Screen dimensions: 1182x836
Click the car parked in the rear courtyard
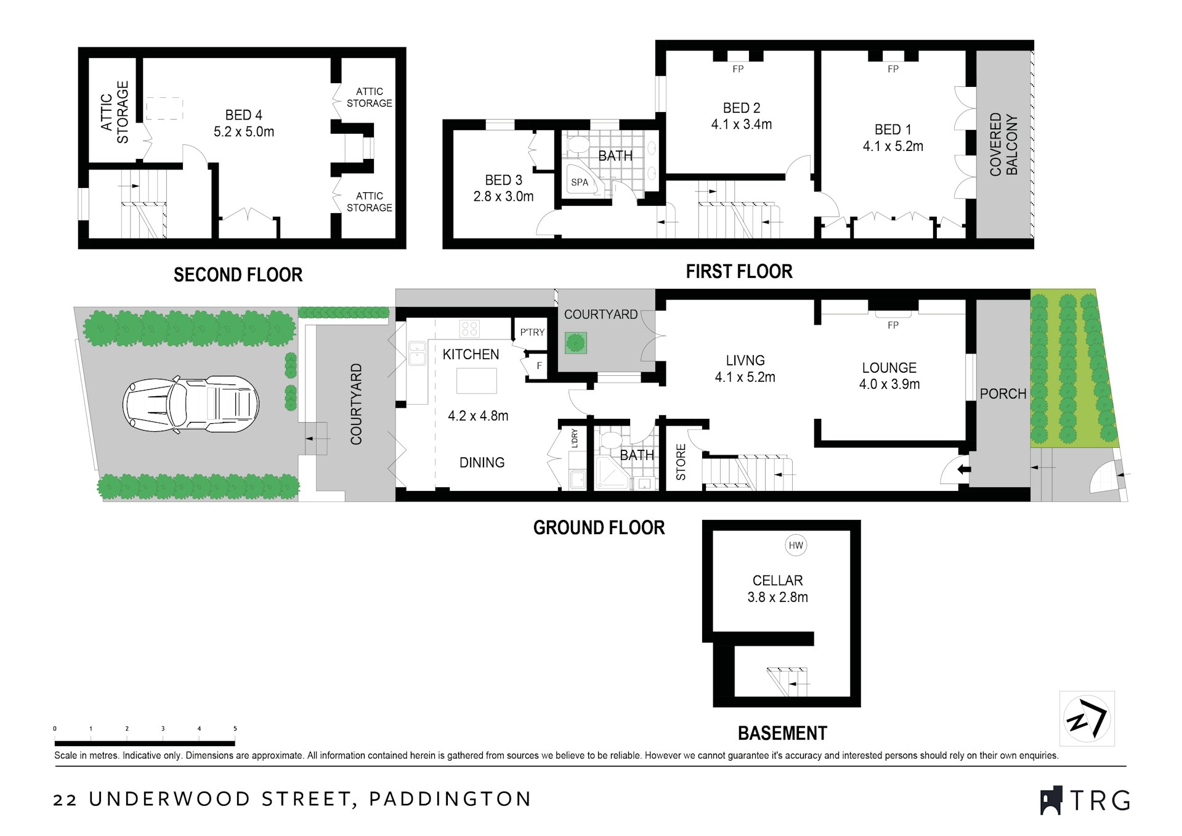[x=191, y=404]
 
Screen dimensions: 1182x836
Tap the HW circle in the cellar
[x=796, y=545]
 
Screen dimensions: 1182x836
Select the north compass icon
[x=1087, y=718]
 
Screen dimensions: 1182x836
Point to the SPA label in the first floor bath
[x=580, y=182]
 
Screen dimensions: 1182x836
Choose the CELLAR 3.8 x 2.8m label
[x=777, y=588]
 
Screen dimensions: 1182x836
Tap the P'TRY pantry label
[x=532, y=332]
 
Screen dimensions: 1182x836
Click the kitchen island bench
[x=476, y=381]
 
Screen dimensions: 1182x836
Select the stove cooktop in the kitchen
[x=469, y=328]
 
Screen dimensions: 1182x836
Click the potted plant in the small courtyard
[x=576, y=343]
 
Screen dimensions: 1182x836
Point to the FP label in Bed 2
[x=738, y=69]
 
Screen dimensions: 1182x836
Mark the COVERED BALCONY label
[x=1003, y=145]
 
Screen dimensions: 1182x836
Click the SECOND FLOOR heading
[x=238, y=275]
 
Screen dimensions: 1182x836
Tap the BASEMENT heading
[x=782, y=733]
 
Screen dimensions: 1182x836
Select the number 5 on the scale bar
[x=235, y=729]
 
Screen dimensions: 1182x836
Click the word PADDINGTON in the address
[x=450, y=799]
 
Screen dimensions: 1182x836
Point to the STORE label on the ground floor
[x=681, y=462]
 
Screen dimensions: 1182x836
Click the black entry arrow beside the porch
[x=964, y=469]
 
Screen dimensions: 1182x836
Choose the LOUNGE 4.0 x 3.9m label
[x=889, y=376]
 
